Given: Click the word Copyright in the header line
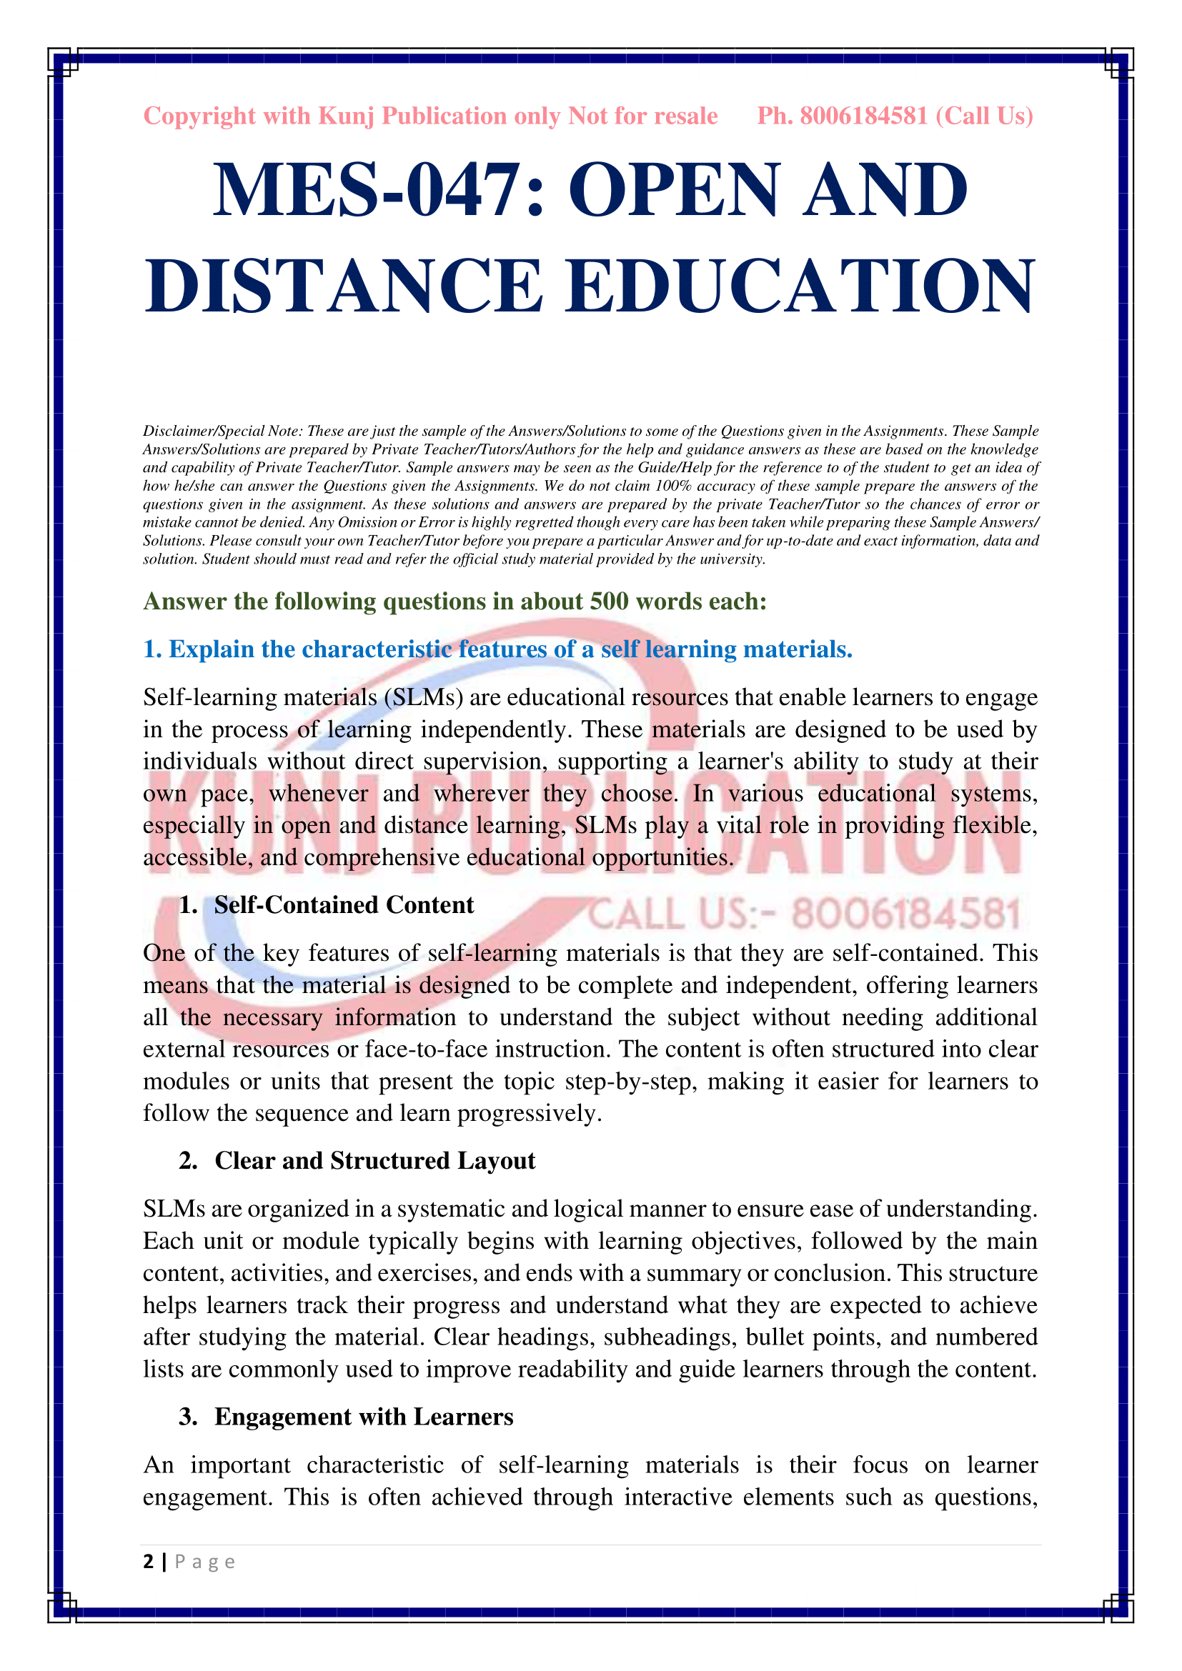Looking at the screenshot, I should (x=199, y=116).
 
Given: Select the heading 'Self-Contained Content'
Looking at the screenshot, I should (x=344, y=904).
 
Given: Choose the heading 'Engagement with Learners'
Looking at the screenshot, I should (x=364, y=1416).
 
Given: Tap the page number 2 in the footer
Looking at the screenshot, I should (x=149, y=1562).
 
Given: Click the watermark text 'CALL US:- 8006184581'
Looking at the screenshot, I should (x=804, y=914).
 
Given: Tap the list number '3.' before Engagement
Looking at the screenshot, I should (x=188, y=1416).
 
